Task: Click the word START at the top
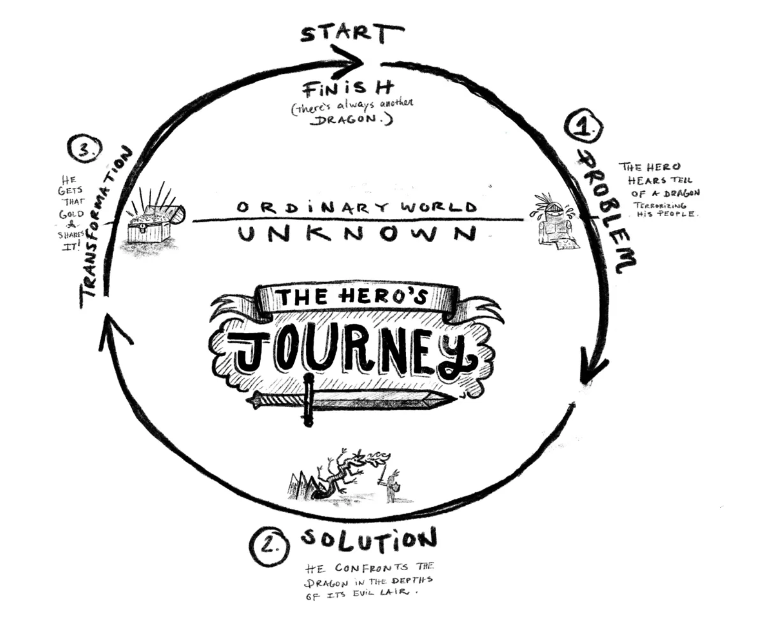tap(351, 34)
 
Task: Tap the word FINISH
tap(348, 89)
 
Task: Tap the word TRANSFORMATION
tap(105, 228)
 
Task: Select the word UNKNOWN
tap(356, 234)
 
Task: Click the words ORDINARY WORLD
tap(356, 207)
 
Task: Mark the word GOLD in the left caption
tap(71, 214)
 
